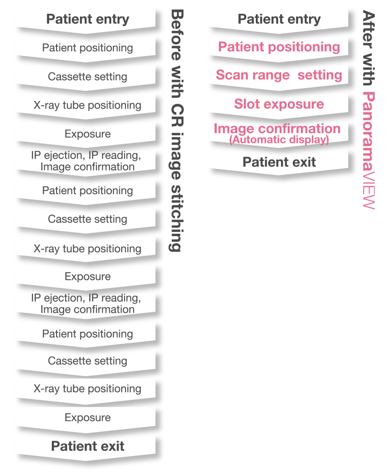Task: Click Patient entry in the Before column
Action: pyautogui.click(x=87, y=20)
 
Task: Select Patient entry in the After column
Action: pyautogui.click(x=279, y=20)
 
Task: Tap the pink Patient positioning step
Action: pyautogui.click(x=279, y=47)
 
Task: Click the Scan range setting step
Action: pyautogui.click(x=279, y=75)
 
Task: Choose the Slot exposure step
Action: pyautogui.click(x=279, y=104)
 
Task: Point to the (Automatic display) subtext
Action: pyautogui.click(x=279, y=140)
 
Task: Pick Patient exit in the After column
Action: pyautogui.click(x=279, y=162)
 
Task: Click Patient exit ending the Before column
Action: pyautogui.click(x=87, y=446)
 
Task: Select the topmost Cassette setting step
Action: pyautogui.click(x=87, y=77)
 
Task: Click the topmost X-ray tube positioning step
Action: pyautogui.click(x=87, y=105)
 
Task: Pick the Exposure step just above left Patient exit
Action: pyautogui.click(x=87, y=417)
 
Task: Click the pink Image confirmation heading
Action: pyautogui.click(x=277, y=129)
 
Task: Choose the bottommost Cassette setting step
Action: pyautogui.click(x=87, y=361)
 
